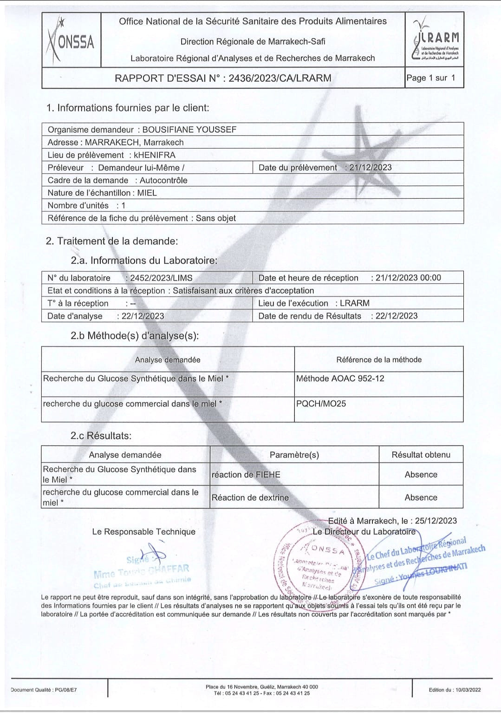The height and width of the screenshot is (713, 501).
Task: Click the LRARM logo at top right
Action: [435, 40]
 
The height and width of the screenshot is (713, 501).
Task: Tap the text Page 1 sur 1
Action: [430, 78]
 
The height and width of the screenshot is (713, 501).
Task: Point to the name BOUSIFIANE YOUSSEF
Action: [189, 130]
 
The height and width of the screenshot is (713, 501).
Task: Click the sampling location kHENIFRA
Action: [155, 155]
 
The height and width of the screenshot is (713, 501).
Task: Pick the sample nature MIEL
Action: [147, 193]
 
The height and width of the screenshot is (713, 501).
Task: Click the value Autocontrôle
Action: [163, 180]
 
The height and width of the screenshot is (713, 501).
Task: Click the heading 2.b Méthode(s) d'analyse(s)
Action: [135, 336]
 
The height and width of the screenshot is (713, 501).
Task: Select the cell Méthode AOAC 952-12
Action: [340, 379]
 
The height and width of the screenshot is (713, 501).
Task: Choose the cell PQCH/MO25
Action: [321, 404]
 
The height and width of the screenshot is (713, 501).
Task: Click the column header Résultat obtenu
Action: [421, 455]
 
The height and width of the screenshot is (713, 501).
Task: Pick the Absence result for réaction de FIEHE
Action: [421, 475]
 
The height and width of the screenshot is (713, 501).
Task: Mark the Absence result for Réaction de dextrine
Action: [421, 497]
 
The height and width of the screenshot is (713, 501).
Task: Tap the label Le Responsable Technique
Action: [143, 532]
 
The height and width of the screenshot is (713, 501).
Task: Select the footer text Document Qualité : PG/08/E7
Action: [44, 690]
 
